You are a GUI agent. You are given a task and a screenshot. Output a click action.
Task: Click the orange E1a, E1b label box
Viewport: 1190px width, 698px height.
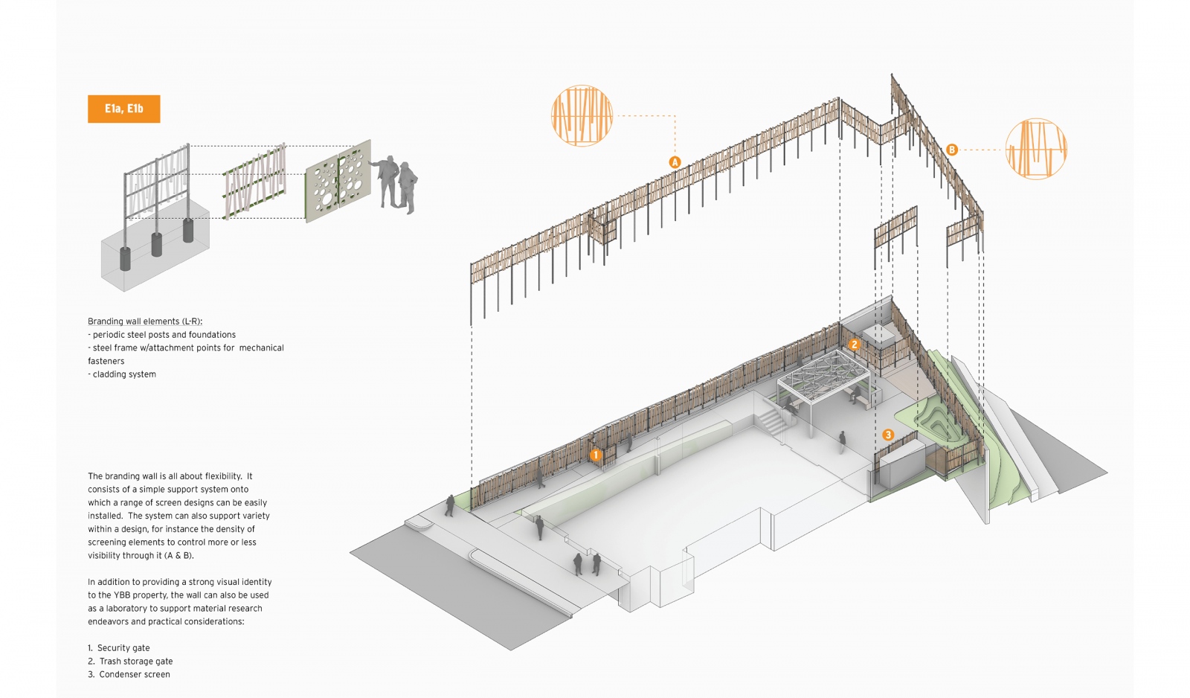click(123, 109)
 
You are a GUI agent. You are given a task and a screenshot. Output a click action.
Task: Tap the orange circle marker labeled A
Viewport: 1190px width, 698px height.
click(675, 162)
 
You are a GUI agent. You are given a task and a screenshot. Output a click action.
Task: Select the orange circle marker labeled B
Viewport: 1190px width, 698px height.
click(951, 150)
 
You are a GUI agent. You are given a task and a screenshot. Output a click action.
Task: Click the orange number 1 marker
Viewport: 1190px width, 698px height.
click(595, 455)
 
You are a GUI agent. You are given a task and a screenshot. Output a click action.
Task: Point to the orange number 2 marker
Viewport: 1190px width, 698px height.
click(855, 345)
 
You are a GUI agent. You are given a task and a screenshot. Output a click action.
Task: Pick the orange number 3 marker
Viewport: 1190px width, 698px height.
click(887, 435)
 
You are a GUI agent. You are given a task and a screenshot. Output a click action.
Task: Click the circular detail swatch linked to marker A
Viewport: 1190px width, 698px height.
click(582, 115)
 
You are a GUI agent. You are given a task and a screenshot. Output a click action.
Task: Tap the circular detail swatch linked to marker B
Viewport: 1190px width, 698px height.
click(1036, 149)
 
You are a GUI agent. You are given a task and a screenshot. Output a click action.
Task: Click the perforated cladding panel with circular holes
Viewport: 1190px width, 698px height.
click(338, 181)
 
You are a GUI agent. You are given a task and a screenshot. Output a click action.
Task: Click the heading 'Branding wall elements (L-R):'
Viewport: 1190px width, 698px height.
click(145, 321)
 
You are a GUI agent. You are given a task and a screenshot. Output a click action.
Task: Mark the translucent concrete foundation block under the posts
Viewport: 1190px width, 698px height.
click(155, 253)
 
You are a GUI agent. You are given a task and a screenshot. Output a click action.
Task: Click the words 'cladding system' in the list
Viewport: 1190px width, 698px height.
click(124, 374)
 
